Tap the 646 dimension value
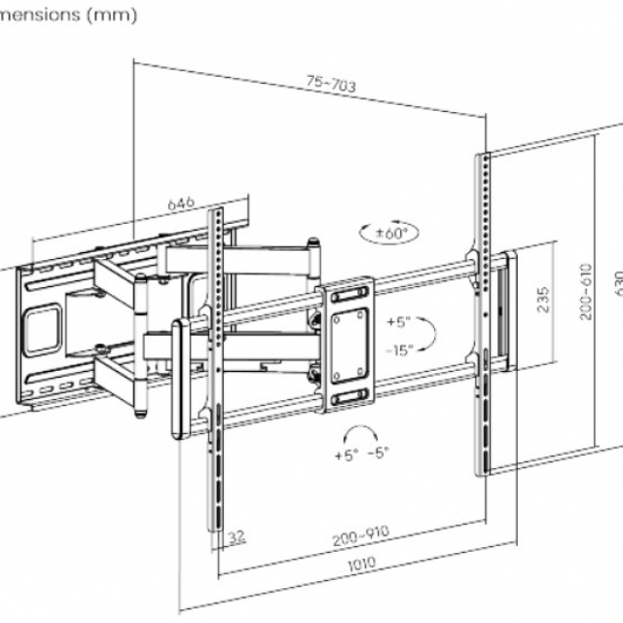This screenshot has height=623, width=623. click(181, 203)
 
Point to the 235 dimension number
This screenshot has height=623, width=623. click(544, 299)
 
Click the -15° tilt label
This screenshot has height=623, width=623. click(399, 348)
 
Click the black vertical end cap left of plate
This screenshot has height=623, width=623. click(178, 375)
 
